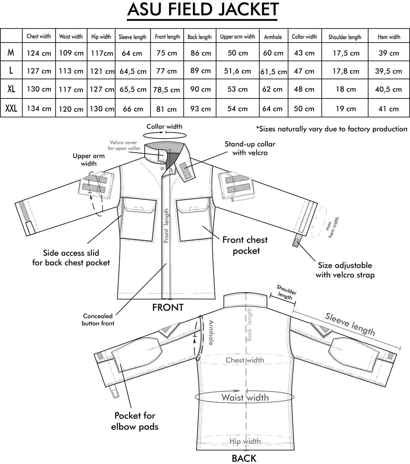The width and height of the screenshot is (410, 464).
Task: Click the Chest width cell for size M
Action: tap(39, 53)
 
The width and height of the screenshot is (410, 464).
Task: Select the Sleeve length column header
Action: tap(132, 37)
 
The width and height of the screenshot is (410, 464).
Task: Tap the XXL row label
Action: tap(11, 108)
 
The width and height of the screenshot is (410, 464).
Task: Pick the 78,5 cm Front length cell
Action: tap(167, 90)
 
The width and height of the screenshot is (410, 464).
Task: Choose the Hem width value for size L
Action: tap(388, 71)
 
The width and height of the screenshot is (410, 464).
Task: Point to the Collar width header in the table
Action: tap(304, 37)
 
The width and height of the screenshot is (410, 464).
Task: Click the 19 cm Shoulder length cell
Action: tap(346, 109)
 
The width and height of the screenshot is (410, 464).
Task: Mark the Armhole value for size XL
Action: tap(272, 89)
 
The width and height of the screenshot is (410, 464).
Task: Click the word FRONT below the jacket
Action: tap(168, 307)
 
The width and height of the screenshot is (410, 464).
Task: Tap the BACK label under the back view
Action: tap(244, 458)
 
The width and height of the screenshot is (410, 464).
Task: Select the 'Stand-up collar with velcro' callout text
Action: tap(250, 148)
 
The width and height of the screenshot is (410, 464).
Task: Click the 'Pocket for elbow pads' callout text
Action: tap(135, 421)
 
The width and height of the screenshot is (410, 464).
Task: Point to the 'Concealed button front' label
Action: tap(98, 319)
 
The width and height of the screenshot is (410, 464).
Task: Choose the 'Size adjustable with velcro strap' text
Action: tap(345, 270)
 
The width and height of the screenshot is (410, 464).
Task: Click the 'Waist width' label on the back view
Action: tap(245, 397)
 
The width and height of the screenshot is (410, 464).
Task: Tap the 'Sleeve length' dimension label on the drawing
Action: tap(350, 324)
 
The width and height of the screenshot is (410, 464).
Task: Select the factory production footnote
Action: tap(332, 129)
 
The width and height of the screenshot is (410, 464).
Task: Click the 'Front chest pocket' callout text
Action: tap(245, 245)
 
